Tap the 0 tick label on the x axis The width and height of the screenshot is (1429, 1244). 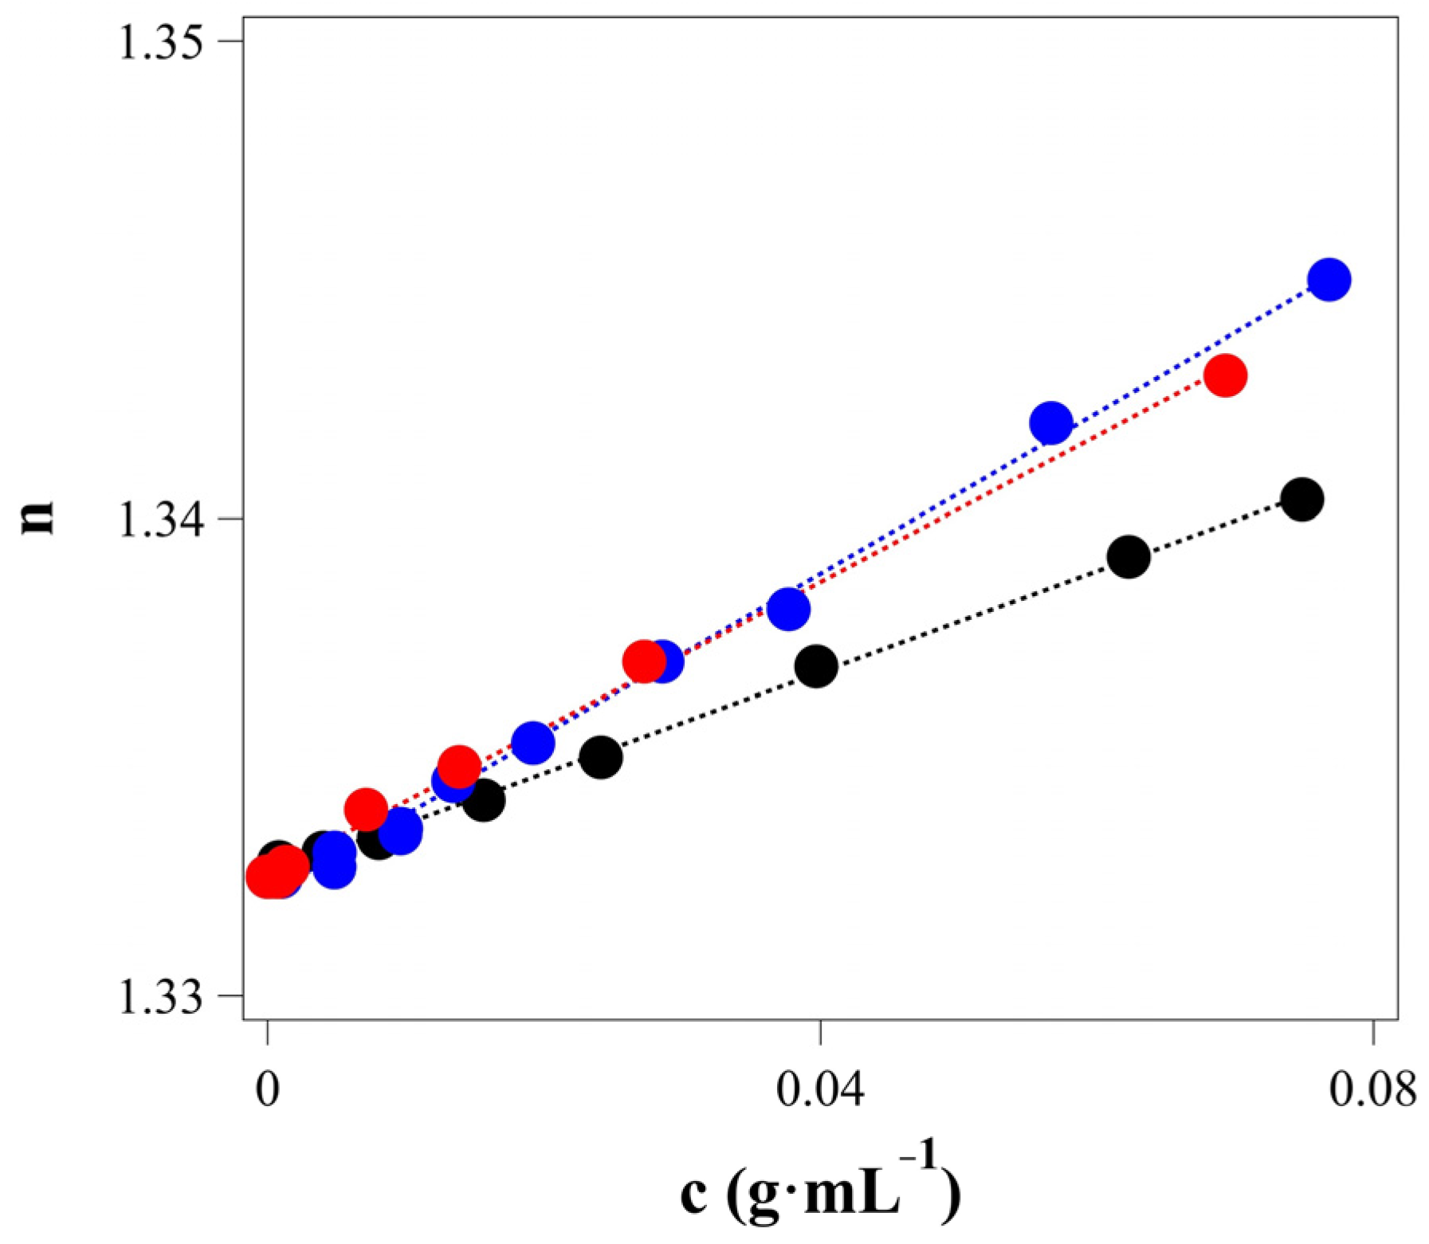tap(268, 1089)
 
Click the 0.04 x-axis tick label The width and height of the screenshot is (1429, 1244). tap(820, 1089)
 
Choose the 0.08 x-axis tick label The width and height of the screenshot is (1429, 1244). tap(1372, 1089)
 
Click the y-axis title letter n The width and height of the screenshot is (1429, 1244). tap(38, 517)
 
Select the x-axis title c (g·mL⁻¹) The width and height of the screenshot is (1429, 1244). tap(821, 1191)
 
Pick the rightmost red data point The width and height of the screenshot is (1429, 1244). tap(1225, 375)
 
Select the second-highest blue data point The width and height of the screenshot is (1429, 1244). tap(1051, 422)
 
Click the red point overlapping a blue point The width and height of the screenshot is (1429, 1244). tap(644, 661)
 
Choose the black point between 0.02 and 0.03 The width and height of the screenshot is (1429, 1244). tap(600, 756)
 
